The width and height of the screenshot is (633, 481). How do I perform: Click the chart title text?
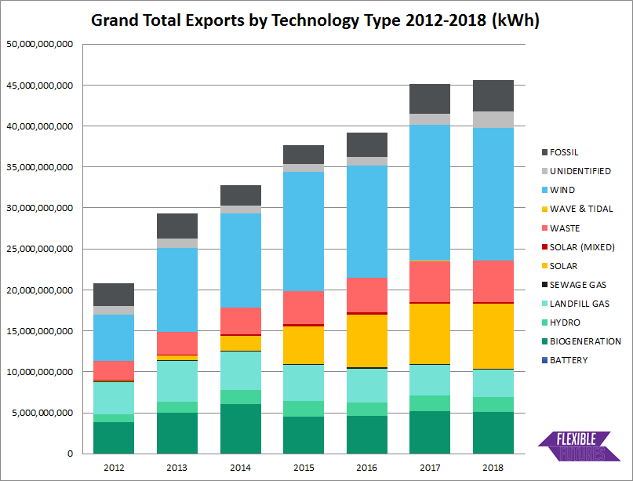tap(315, 20)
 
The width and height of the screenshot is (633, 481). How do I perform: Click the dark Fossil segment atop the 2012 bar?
tap(113, 294)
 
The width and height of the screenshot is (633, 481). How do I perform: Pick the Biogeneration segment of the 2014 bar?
tap(240, 428)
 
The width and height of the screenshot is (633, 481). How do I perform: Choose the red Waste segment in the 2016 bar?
tap(367, 294)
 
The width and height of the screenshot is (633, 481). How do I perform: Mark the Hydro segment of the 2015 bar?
tap(304, 408)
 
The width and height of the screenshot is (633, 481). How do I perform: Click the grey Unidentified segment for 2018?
tap(493, 119)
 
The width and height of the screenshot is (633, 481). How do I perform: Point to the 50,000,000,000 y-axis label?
tap(39, 44)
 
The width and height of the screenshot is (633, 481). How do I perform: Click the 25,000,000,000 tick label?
tap(39, 249)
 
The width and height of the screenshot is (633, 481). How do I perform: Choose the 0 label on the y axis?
tap(70, 454)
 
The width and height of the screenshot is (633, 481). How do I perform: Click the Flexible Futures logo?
tap(579, 446)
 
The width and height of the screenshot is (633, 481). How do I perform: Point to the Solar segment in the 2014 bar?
tap(240, 343)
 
